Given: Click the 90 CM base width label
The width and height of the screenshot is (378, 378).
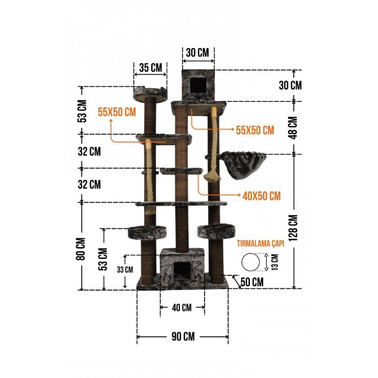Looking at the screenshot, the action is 183,337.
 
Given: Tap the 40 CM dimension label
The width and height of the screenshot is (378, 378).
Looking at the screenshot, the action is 182,307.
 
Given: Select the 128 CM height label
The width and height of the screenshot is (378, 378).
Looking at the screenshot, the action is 293,228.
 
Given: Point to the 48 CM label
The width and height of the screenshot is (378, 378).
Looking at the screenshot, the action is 293,128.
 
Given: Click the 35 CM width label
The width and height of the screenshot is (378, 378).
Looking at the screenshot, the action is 151,68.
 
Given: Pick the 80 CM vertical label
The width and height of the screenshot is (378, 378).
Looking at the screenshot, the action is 81,249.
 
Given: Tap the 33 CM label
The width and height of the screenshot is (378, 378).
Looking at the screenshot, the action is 125,270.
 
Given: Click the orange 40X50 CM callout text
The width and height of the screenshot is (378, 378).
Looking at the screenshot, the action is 262,196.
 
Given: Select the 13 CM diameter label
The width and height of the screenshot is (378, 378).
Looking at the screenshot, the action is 275,262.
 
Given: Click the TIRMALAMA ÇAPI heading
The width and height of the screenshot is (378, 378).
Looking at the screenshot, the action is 261,243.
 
